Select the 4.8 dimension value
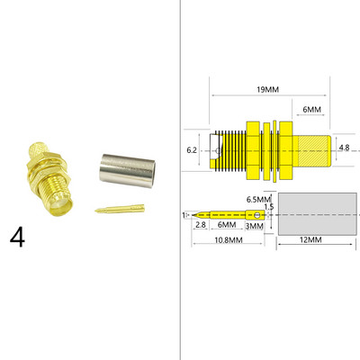point(344,148)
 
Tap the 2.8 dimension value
point(201,225)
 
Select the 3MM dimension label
point(255,226)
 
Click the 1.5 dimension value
point(269,207)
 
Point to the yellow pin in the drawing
point(225,215)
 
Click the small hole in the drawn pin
point(258,214)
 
